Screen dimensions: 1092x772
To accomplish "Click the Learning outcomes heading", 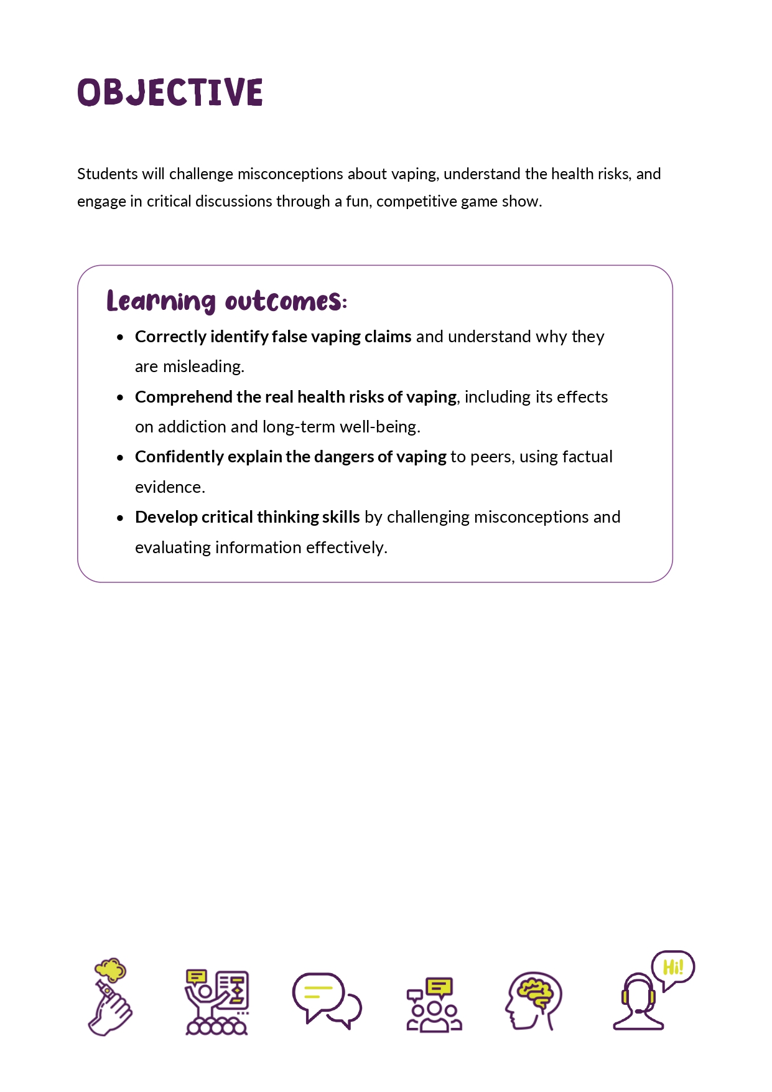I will click(226, 301).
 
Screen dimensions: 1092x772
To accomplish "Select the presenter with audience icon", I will click(216, 1002).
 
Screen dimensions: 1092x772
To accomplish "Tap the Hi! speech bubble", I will click(672, 968).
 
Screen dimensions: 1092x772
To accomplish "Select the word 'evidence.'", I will click(170, 487).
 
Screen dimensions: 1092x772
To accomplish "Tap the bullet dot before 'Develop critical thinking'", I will click(120, 518).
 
